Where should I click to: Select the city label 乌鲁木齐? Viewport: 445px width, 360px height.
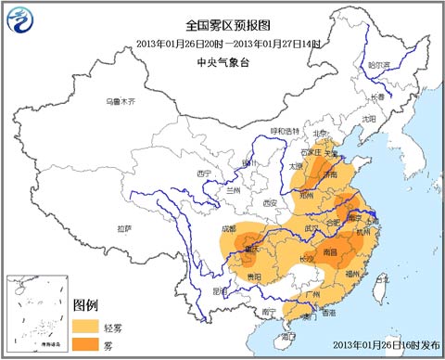(x=120, y=100)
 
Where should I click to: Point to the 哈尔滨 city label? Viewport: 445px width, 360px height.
(x=380, y=66)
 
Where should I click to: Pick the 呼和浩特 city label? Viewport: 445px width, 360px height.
(x=286, y=131)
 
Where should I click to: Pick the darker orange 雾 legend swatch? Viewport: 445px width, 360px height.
(x=88, y=344)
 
